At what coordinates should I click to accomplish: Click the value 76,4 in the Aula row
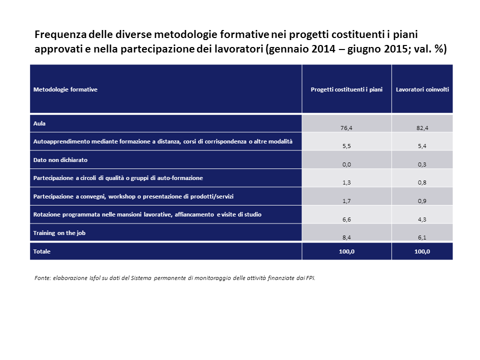pyautogui.click(x=346, y=128)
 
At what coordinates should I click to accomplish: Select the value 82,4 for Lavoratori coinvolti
pyautogui.click(x=422, y=128)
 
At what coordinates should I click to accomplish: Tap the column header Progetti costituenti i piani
pyautogui.click(x=346, y=89)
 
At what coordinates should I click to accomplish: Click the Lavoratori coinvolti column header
pyautogui.click(x=422, y=89)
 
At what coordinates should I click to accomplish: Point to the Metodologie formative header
pyautogui.click(x=65, y=89)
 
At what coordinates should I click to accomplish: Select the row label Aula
pyautogui.click(x=39, y=122)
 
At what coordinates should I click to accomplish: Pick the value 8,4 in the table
pyautogui.click(x=346, y=238)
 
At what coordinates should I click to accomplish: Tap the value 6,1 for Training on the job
pyautogui.click(x=422, y=238)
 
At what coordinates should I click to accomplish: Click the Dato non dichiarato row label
pyautogui.click(x=60, y=159)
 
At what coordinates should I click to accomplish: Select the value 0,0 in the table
pyautogui.click(x=346, y=164)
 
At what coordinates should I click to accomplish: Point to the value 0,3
pyautogui.click(x=422, y=164)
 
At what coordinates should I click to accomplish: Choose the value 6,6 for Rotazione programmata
pyautogui.click(x=346, y=219)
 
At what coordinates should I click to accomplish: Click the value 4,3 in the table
pyautogui.click(x=422, y=219)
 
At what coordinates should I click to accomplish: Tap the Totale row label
pyautogui.click(x=42, y=251)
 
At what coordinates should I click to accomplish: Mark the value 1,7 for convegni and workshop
pyautogui.click(x=346, y=201)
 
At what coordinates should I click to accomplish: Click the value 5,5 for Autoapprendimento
pyautogui.click(x=346, y=146)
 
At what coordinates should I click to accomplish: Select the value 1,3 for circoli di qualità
pyautogui.click(x=346, y=183)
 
